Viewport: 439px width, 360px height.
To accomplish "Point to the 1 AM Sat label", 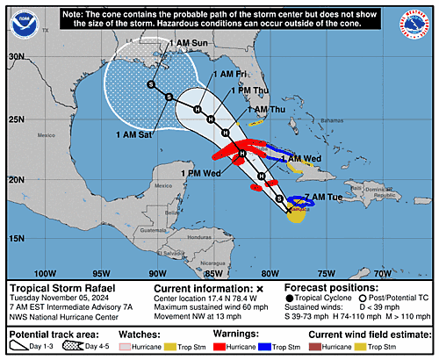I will point(132,134).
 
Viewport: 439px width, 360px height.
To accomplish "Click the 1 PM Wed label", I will point(203,174).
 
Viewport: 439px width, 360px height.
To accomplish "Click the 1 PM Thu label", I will point(249,90).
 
